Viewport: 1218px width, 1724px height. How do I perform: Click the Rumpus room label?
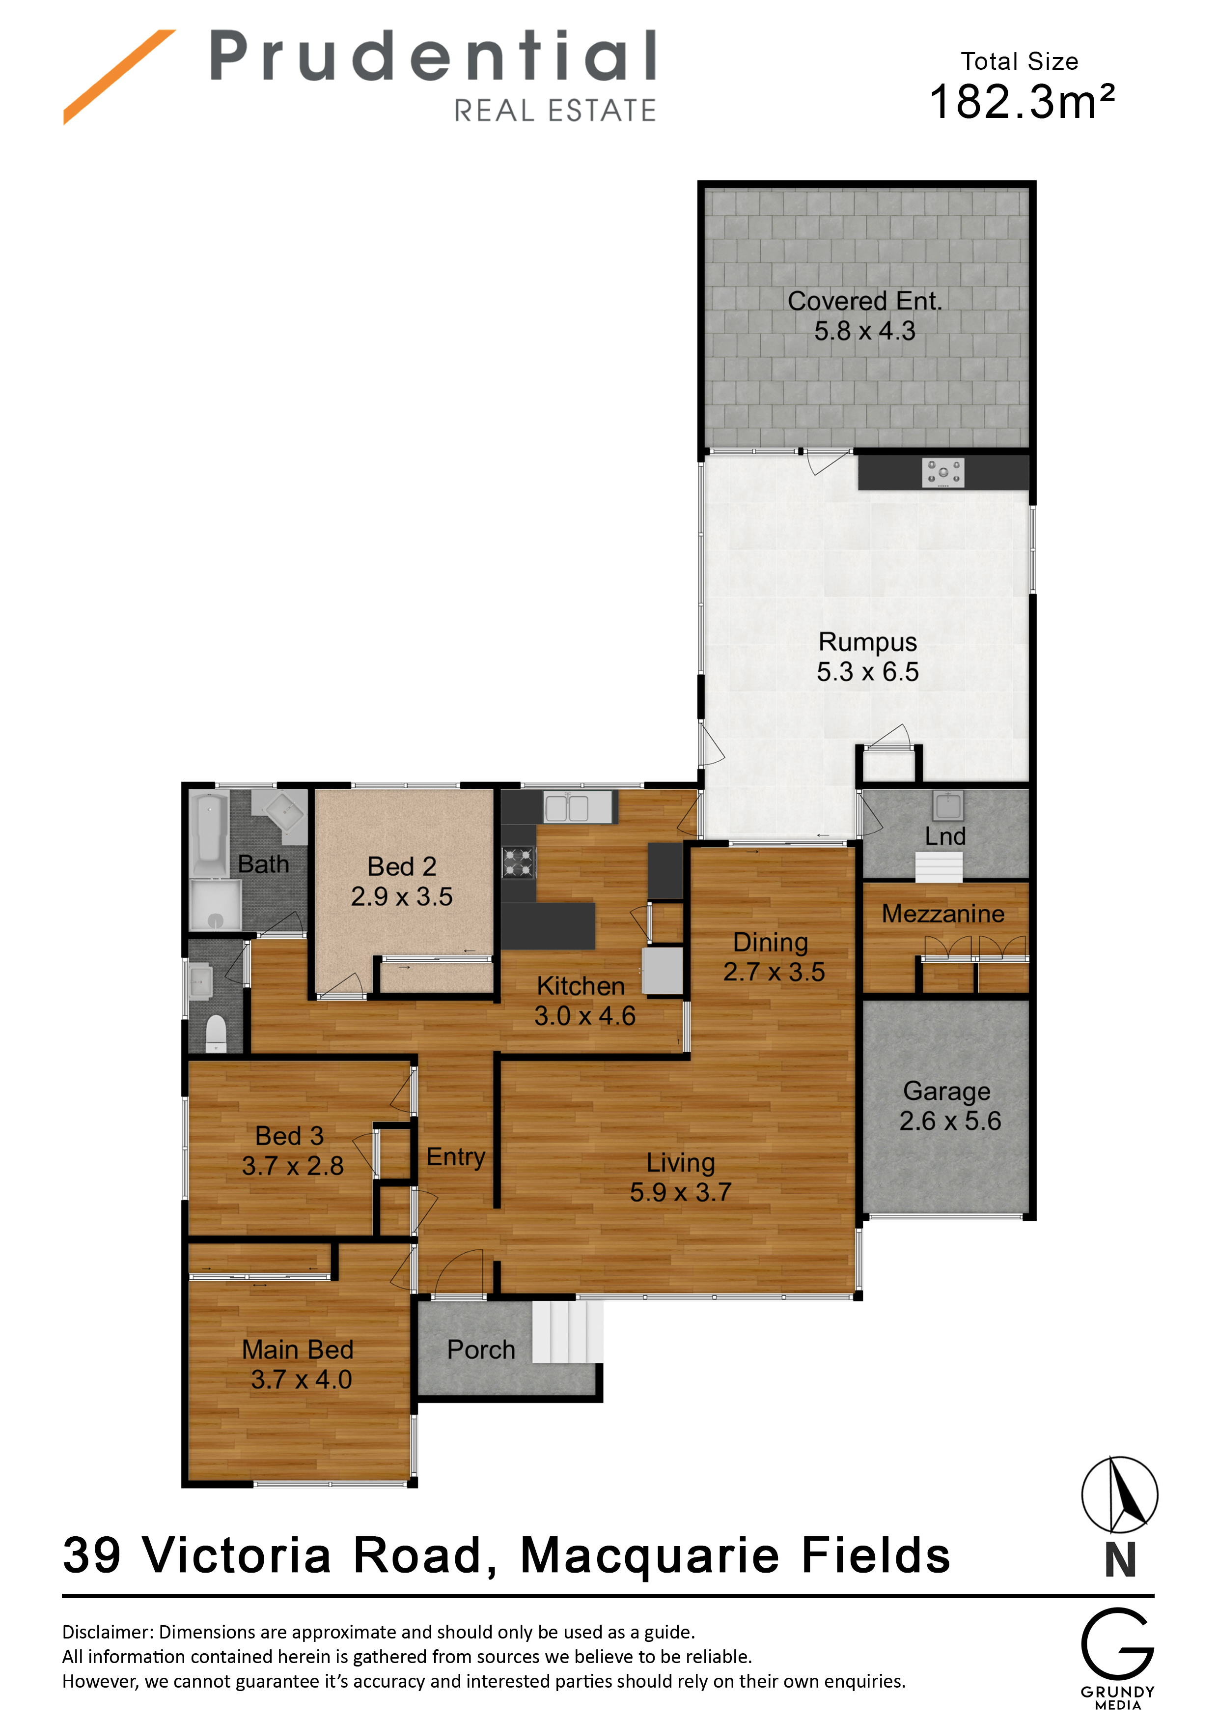click(x=867, y=642)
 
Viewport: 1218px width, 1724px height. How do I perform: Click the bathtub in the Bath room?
click(x=211, y=833)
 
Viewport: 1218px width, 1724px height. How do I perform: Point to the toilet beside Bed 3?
click(x=216, y=1034)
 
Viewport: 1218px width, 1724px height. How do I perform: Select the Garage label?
click(x=946, y=1091)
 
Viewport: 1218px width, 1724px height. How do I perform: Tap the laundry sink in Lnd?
click(x=948, y=805)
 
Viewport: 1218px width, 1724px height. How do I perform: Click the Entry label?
click(x=456, y=1157)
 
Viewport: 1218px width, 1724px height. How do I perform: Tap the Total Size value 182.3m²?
click(x=1022, y=101)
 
